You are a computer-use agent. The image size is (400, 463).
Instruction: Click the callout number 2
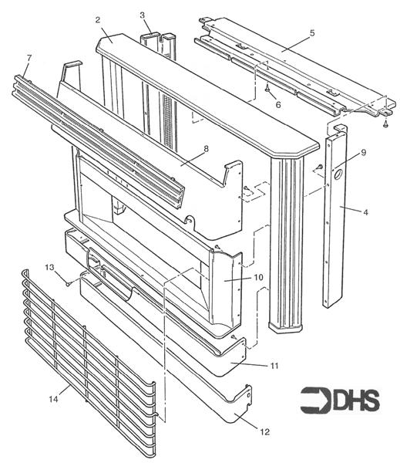(98, 19)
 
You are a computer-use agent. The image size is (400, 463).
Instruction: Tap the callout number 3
(143, 15)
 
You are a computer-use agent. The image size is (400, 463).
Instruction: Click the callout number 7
(29, 58)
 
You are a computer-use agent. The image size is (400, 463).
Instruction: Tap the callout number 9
(362, 152)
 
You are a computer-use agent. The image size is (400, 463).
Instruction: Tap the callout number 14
(54, 398)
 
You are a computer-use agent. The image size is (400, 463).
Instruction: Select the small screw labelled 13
(68, 283)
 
